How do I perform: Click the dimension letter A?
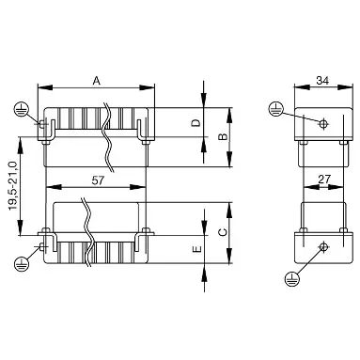pos(97,81)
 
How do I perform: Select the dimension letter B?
pos(223,136)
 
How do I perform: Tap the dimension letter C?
pos(223,232)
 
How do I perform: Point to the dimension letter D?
pos(196,123)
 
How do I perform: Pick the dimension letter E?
pos(196,249)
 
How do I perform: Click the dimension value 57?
pos(98,180)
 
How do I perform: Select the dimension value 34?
pos(322,81)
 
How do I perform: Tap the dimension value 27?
pos(324,180)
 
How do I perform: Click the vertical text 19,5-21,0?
pos(12,186)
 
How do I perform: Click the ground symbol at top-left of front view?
pos(21,109)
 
